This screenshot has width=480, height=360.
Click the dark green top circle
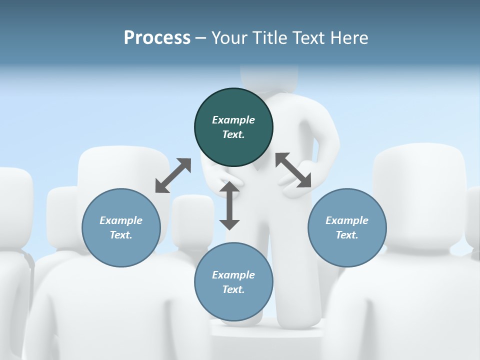point(233,127)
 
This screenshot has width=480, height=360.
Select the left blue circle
point(121,227)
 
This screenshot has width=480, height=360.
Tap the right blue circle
point(347,227)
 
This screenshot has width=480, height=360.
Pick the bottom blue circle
point(233,282)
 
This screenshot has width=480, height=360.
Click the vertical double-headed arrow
point(229,205)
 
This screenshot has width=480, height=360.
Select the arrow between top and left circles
point(173,175)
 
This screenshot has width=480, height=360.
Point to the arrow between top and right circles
point(293,170)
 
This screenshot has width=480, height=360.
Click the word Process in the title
point(157,37)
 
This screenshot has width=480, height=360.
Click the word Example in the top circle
point(233,120)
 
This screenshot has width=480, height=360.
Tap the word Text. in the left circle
point(121,235)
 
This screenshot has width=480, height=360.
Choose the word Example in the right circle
point(347,220)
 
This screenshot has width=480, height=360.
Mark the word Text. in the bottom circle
point(233,289)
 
